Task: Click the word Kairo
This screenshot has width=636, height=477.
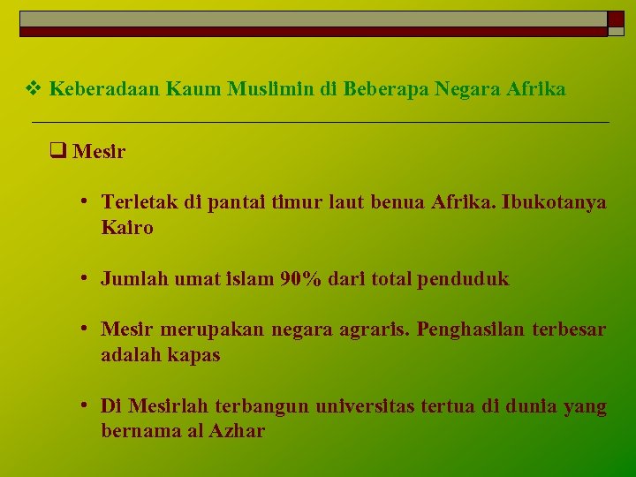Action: coord(127,228)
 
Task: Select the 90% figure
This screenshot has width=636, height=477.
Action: coord(300,279)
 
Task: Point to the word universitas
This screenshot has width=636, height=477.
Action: coord(366,406)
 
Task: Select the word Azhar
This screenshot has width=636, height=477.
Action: coord(238,432)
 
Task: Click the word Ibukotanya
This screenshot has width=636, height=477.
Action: coord(554,202)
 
